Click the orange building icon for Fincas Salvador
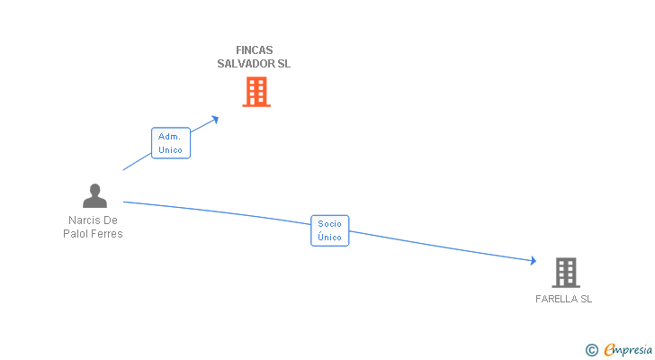point(256,92)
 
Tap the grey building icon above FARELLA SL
point(565,272)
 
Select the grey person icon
point(94,195)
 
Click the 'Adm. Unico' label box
point(170,143)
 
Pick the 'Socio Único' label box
point(329,230)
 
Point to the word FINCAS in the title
point(254,50)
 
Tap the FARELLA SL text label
point(564,299)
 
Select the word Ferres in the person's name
point(105,234)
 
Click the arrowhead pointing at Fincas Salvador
point(214,118)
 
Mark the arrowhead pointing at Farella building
point(533,261)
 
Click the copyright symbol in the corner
point(591,350)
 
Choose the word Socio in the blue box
point(329,224)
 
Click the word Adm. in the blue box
point(170,137)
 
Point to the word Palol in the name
point(76,234)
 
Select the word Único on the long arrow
point(329,238)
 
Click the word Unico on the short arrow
point(170,149)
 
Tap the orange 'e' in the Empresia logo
point(609,350)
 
